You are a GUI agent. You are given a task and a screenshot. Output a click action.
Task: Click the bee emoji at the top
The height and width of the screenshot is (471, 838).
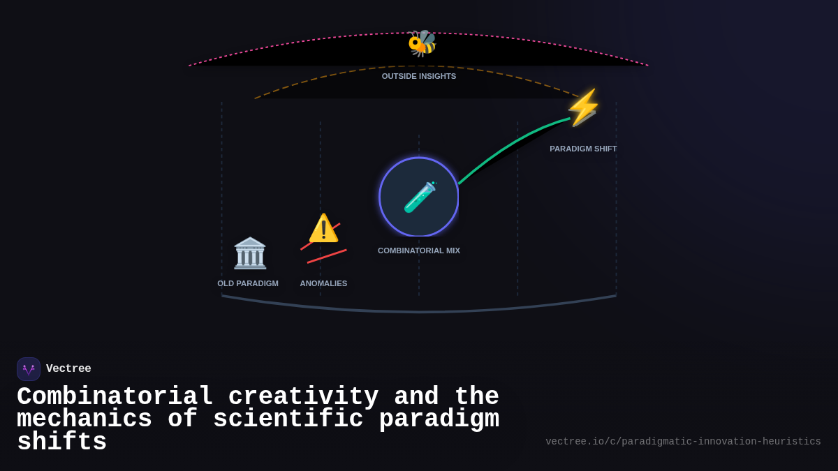[x=422, y=43]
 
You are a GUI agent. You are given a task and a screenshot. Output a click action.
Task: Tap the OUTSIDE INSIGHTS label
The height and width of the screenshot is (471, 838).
[x=419, y=76]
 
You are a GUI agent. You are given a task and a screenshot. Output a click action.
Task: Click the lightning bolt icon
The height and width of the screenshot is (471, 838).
[x=583, y=107]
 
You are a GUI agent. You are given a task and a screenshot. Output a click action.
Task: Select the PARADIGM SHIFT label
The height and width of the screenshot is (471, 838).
[x=583, y=149]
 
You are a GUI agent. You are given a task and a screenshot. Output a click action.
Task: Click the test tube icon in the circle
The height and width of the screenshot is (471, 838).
[x=420, y=197]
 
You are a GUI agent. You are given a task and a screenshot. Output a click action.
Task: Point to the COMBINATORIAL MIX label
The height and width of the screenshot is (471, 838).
[x=419, y=251]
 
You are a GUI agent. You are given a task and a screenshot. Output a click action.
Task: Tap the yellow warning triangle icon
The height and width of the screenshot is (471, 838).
[x=323, y=228]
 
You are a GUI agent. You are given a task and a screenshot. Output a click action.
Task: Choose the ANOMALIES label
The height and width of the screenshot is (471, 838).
[x=323, y=283]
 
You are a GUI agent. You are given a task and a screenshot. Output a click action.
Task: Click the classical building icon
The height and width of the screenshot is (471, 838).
[x=250, y=253]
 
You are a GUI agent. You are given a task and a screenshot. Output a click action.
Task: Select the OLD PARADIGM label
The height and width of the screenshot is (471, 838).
[x=248, y=283]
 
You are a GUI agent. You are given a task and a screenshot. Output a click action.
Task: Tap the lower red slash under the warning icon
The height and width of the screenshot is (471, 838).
[x=327, y=256]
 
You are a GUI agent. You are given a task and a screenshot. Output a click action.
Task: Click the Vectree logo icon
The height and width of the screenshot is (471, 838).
[x=29, y=369]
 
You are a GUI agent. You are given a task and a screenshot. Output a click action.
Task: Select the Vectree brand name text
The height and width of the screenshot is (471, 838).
[x=68, y=369]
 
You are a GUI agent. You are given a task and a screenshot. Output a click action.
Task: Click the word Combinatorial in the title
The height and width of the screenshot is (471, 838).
[x=115, y=396]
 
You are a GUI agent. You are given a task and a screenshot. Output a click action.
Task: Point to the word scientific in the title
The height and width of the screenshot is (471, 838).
[x=288, y=419]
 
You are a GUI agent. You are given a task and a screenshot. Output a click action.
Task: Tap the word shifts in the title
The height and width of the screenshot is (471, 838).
[x=61, y=442]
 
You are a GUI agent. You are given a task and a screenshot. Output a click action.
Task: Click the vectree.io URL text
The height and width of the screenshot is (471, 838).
[x=683, y=442]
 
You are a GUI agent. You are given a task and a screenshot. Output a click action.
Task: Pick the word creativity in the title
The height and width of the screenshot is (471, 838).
[x=303, y=396]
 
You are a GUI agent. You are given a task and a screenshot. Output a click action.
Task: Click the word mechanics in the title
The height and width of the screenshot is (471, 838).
[x=84, y=419]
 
